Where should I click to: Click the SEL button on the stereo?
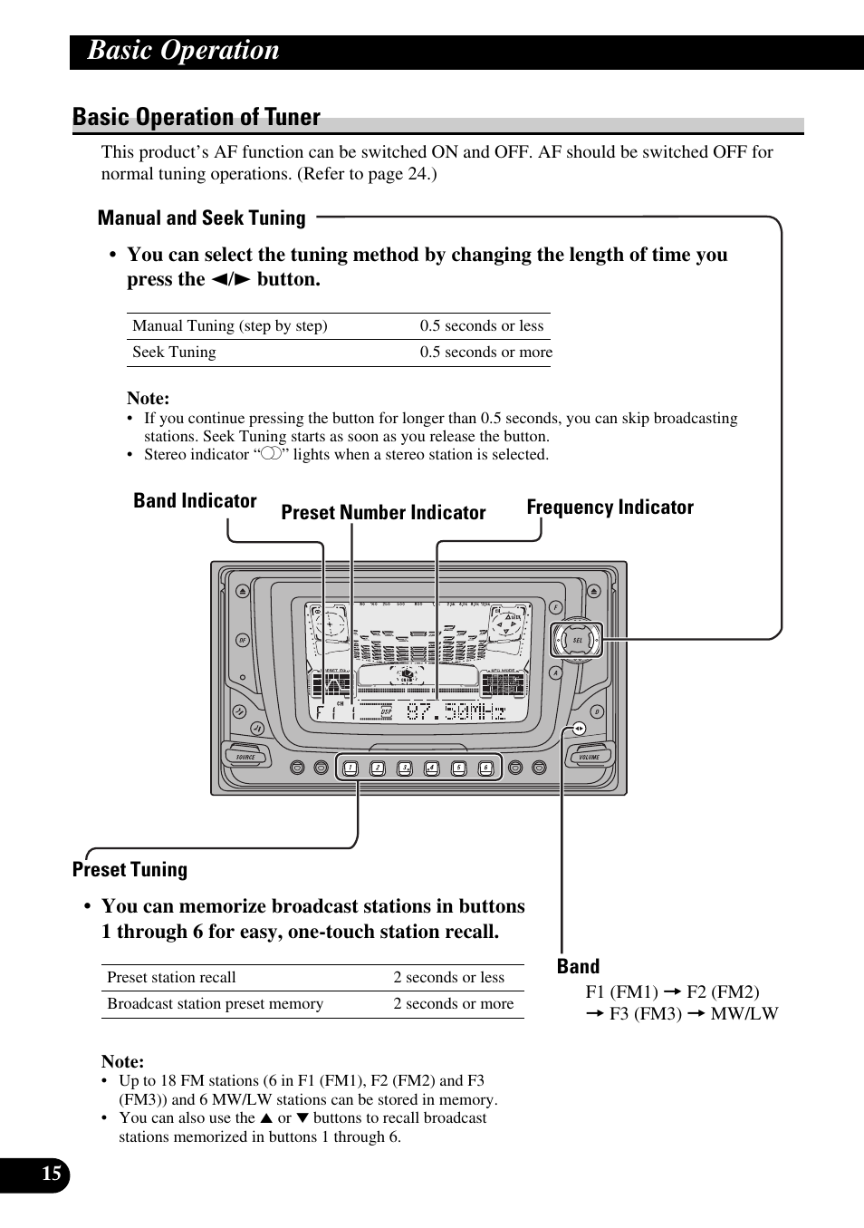(x=578, y=640)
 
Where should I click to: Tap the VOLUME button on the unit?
(x=590, y=757)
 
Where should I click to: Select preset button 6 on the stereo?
(x=485, y=768)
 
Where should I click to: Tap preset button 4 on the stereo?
(x=431, y=768)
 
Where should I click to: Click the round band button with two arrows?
(x=579, y=729)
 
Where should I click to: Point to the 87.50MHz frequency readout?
(x=456, y=712)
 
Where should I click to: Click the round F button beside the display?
(x=555, y=608)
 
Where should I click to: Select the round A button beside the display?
(x=555, y=672)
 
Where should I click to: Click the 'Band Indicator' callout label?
(x=195, y=501)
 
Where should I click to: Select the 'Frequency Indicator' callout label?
(x=610, y=508)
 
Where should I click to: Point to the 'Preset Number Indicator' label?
(x=383, y=513)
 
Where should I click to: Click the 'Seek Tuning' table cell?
(x=174, y=353)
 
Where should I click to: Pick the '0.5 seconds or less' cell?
(x=481, y=326)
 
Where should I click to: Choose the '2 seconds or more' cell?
(x=453, y=1004)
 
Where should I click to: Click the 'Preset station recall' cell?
(x=171, y=978)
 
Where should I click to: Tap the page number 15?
(x=52, y=1175)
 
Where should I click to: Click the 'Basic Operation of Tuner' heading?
(x=197, y=118)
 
